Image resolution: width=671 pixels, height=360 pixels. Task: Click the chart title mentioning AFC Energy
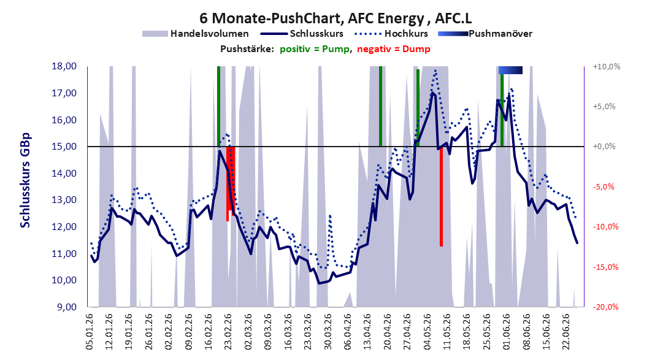pos(336,18)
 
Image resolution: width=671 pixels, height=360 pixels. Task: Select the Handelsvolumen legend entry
pos(196,34)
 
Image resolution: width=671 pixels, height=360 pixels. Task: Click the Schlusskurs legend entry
pos(302,34)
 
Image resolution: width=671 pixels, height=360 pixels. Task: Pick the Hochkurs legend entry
pos(391,34)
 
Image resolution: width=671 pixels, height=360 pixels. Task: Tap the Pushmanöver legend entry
pos(485,34)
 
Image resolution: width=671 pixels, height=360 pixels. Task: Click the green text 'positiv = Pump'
pos(315,49)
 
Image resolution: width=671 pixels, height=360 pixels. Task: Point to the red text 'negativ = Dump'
pos(394,49)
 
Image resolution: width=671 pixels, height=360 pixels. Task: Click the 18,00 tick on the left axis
pos(64,66)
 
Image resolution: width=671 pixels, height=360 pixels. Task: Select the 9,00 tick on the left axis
pos(66,307)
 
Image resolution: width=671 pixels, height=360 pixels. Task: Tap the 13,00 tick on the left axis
pos(64,200)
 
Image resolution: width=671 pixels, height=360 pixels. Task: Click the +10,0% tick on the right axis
pos(607,67)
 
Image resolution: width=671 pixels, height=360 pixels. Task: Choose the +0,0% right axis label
pos(604,147)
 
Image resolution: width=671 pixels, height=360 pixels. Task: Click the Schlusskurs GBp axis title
pos(25,180)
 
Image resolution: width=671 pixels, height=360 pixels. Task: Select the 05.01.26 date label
pos(90,332)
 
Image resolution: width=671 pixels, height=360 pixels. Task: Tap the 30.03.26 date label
pos(328,332)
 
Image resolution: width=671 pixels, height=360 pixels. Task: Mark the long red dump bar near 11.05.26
pos(441,196)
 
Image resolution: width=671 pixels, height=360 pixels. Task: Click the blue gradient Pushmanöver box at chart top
pos(510,70)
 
